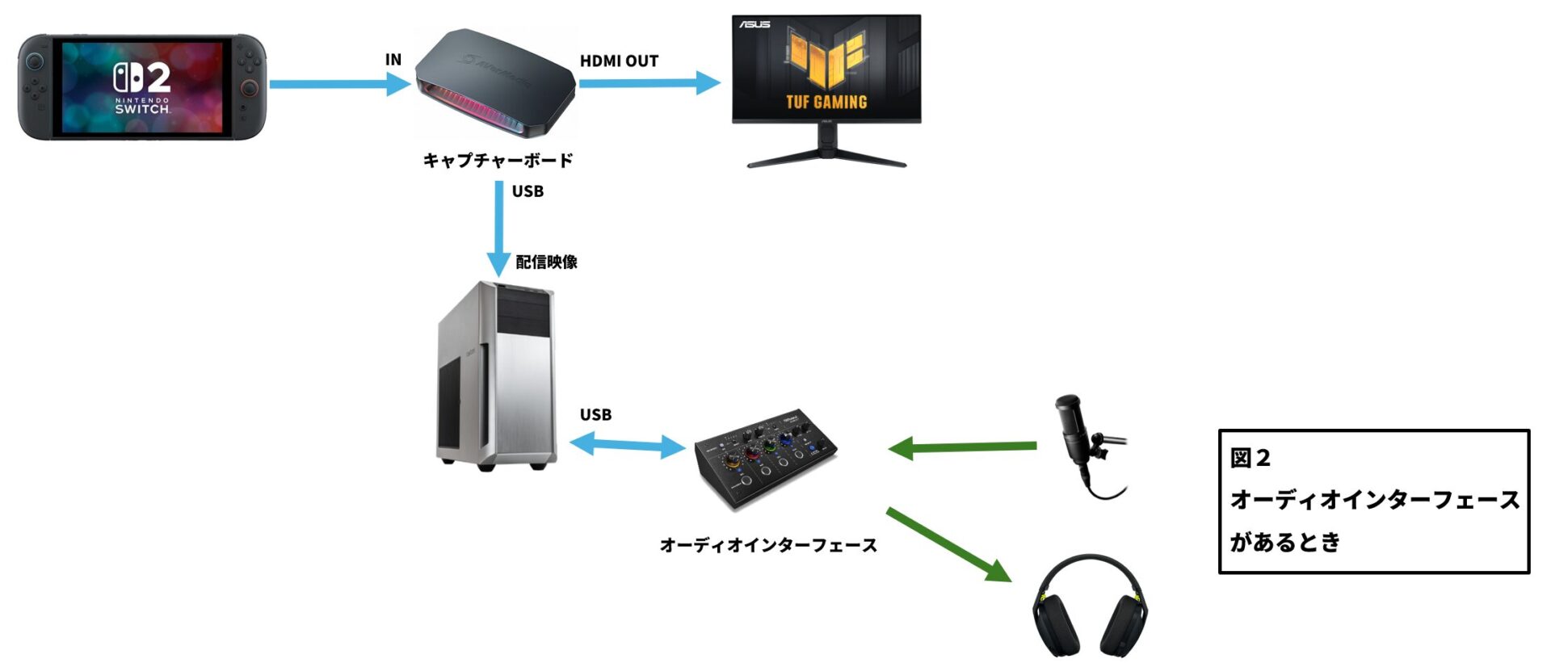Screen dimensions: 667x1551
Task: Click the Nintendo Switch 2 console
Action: pos(142,87)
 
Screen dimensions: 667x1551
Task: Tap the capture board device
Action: pos(494,83)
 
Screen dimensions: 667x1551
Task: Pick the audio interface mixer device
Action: pos(765,458)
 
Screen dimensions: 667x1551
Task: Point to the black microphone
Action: pos(1082,440)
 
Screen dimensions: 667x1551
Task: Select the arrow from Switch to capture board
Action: pos(339,84)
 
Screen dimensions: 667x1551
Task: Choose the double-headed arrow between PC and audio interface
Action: pos(628,445)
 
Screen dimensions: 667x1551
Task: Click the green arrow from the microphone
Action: pos(961,447)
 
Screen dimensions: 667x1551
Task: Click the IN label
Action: pos(393,60)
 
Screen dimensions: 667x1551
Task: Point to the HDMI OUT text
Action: pos(619,61)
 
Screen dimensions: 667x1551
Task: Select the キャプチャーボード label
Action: pos(498,161)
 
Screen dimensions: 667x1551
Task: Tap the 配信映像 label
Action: pos(546,262)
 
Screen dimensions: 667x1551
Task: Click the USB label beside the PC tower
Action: pos(595,415)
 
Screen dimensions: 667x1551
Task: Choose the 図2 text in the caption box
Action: pos(1250,459)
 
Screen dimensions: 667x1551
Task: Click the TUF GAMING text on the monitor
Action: pos(826,103)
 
